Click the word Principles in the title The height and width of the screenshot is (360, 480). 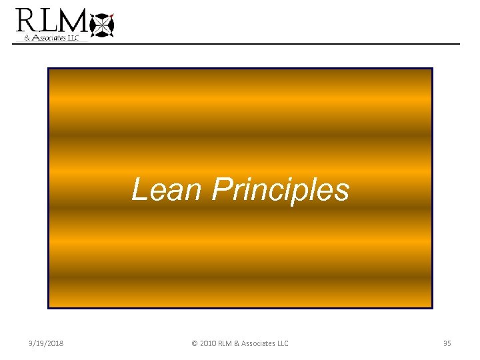[280, 190]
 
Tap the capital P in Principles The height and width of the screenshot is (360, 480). [221, 189]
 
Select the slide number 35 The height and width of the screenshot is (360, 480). [447, 343]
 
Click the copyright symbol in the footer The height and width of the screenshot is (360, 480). [195, 343]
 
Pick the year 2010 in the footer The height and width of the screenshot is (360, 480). [209, 343]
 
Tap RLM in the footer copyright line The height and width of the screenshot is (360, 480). [228, 343]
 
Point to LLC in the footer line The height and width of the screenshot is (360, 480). [282, 343]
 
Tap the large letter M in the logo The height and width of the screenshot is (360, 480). [75, 21]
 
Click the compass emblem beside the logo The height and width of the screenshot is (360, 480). [101, 25]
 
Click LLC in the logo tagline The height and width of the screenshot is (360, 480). [72, 38]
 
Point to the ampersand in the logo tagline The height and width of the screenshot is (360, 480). [27, 38]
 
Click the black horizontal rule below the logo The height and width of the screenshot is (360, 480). [267, 44]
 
